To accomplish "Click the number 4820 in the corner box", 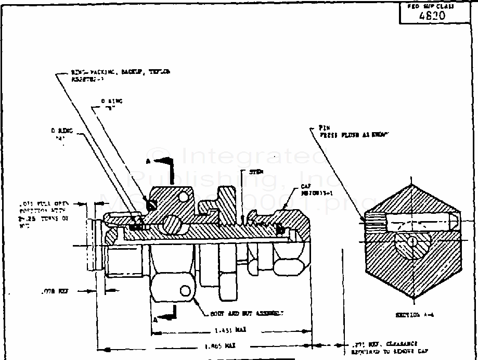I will click(x=432, y=15).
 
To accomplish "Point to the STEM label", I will click(x=256, y=172).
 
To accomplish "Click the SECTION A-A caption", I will click(x=415, y=315).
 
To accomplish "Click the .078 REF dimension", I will click(x=54, y=292).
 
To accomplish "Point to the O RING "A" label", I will click(x=61, y=134).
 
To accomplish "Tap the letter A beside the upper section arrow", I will click(x=148, y=161).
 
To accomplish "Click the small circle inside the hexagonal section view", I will click(x=411, y=241).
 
